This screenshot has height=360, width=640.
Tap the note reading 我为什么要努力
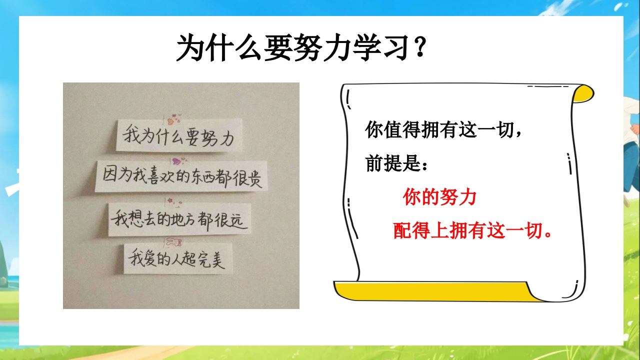179,135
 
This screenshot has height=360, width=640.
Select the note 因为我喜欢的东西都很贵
181,176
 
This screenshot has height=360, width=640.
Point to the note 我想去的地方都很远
179,219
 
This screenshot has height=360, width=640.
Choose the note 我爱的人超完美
177,258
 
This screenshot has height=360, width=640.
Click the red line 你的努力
439,197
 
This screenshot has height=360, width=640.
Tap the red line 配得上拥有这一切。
472,230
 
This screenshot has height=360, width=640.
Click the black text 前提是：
396,163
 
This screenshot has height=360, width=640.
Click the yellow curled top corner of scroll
583,93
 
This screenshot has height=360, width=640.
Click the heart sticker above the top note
172,119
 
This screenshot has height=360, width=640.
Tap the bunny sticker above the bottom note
173,242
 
